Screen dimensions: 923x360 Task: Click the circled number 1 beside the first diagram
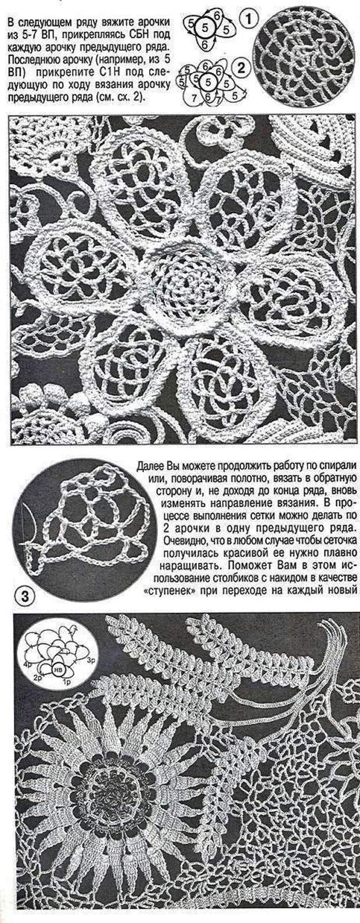point(247,20)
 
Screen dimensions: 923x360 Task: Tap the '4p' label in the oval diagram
point(26,662)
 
